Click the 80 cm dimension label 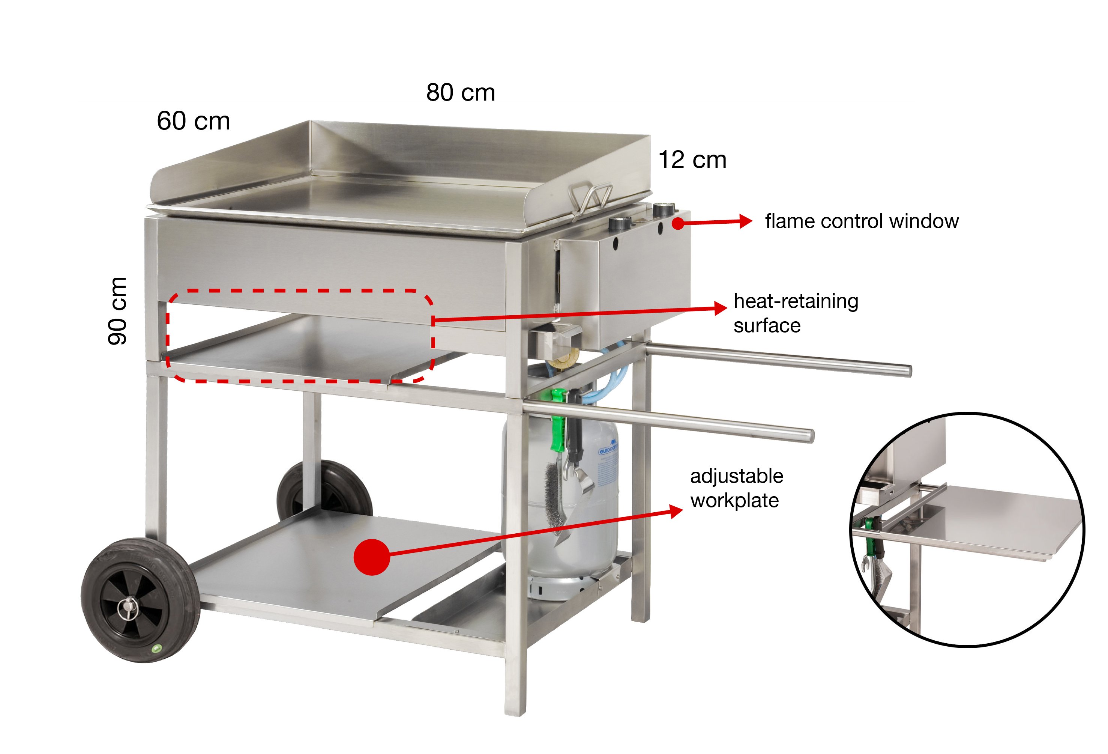coord(461,93)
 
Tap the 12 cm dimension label coord(692,160)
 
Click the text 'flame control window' coord(862,221)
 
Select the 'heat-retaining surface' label coord(796,313)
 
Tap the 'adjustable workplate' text coord(737,488)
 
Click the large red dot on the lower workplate coord(372,557)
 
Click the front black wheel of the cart coord(140,600)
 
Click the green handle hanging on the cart coord(558,420)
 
